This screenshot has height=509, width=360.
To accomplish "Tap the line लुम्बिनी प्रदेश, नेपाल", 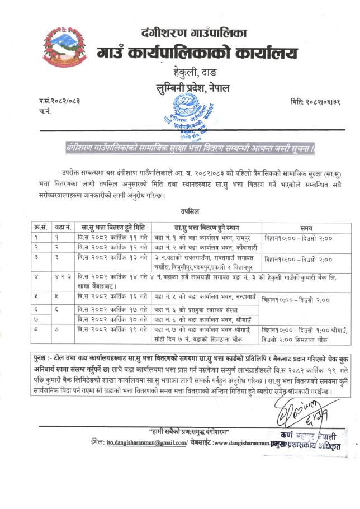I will pos(193,88).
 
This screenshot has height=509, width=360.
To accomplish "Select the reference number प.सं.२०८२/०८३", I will pos(60,101).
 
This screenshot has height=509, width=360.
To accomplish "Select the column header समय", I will pos(306,228).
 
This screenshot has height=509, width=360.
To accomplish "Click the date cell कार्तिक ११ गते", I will pos(112,238).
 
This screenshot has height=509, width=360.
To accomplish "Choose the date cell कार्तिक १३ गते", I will pos(112,258).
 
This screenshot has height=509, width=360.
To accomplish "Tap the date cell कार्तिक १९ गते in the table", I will pos(112,329).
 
